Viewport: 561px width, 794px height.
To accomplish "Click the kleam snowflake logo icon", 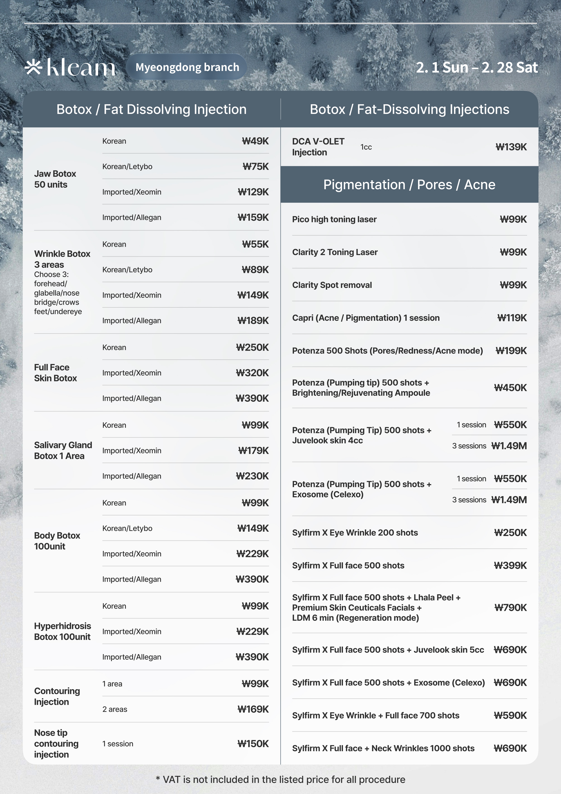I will click(x=33, y=67).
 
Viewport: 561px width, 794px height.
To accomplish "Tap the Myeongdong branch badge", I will click(x=187, y=67).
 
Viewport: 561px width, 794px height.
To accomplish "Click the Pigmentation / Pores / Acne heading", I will click(x=409, y=185).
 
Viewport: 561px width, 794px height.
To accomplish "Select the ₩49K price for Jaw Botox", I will click(x=255, y=141).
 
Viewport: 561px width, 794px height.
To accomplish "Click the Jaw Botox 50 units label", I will click(x=55, y=179).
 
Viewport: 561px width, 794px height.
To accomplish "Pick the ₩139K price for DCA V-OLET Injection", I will click(x=511, y=147).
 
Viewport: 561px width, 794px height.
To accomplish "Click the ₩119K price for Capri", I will click(x=511, y=318).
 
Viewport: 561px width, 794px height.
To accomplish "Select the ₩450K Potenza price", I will click(x=510, y=388).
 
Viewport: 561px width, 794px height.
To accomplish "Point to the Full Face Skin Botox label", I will click(x=55, y=373).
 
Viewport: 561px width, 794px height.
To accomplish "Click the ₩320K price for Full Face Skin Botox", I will click(x=252, y=373).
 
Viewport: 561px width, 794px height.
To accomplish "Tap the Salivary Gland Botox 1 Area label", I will click(x=63, y=450).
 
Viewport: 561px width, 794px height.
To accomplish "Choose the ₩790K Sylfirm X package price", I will click(x=510, y=607).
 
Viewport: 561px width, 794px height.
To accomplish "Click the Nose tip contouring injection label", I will click(x=56, y=744).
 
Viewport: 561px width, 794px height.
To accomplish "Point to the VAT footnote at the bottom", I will click(x=280, y=780).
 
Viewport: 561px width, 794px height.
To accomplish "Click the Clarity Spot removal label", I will click(x=332, y=285).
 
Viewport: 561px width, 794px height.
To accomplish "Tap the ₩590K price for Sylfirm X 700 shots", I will click(x=510, y=715).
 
